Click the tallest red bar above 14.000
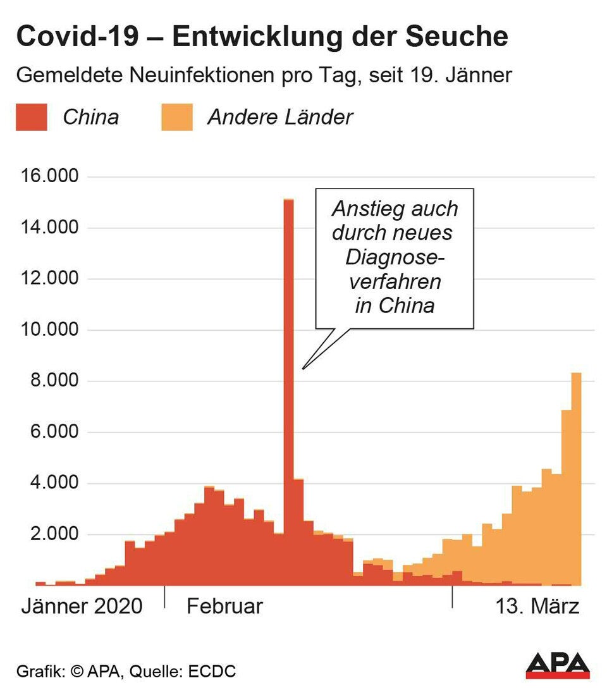[288, 379]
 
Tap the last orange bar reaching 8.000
[576, 474]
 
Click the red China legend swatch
[32, 118]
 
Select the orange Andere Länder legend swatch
[176, 118]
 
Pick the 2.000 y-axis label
[52, 535]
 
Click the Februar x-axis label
[224, 606]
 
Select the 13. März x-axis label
[537, 606]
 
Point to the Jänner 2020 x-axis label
[82, 606]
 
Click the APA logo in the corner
[558, 665]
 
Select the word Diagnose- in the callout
[395, 257]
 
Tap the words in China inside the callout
[395, 305]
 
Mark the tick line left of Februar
[164, 596]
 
